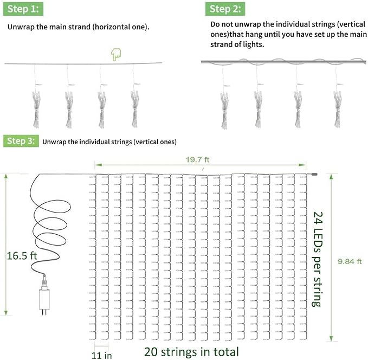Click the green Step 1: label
23,9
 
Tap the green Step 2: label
225,9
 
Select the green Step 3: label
21,141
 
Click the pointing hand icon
116,54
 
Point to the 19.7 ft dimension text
197,160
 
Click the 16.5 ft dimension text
22,256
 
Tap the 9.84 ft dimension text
350,261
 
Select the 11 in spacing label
101,355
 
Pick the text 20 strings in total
191,352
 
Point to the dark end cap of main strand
314,175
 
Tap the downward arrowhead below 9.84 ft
331,338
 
